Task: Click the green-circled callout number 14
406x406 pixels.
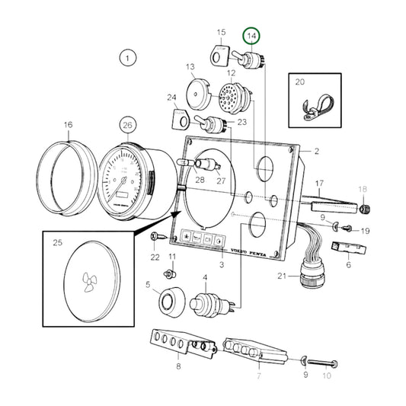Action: click(x=251, y=35)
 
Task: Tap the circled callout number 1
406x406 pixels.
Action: click(x=127, y=57)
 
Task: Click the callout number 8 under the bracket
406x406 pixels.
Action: click(x=177, y=367)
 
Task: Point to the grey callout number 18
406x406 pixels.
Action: click(x=363, y=190)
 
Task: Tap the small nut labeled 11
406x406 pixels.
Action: click(x=172, y=272)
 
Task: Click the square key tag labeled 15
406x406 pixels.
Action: click(x=218, y=55)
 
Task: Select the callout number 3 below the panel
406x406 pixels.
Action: click(x=222, y=264)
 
